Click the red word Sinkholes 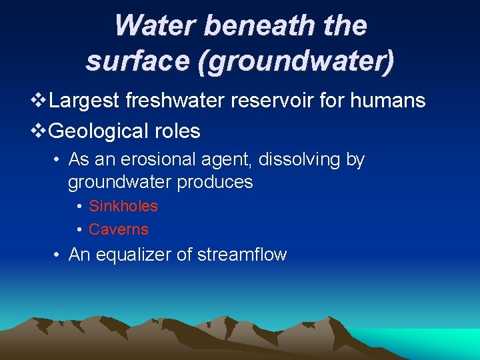click(x=123, y=206)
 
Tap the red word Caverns click(x=119, y=229)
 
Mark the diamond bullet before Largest click(x=39, y=101)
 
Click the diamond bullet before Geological click(x=39, y=131)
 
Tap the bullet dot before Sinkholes click(x=79, y=207)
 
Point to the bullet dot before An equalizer click(x=59, y=255)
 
